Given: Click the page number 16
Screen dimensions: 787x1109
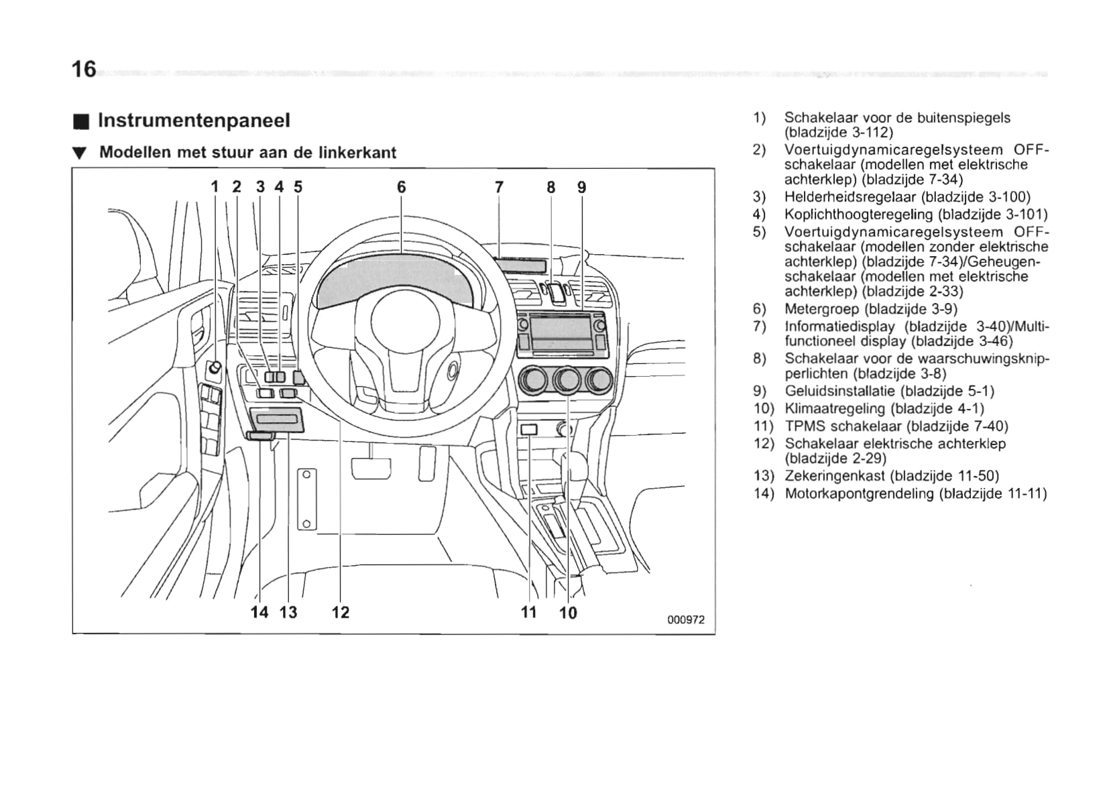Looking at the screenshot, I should [84, 68].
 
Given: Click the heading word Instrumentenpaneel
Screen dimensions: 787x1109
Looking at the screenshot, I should [194, 121].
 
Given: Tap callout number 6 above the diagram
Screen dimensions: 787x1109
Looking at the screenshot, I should [401, 187].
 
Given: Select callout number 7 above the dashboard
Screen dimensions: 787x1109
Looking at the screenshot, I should [499, 187].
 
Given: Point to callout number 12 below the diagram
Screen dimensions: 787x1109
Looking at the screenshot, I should [341, 612].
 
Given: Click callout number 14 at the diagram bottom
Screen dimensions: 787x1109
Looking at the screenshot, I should [259, 612].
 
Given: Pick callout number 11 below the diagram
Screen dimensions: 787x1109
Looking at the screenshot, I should [529, 612].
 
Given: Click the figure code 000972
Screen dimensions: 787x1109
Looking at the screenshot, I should [686, 620].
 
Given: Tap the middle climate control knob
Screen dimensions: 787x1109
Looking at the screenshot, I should [567, 380].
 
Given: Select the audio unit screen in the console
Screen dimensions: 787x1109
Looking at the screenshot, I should [561, 328].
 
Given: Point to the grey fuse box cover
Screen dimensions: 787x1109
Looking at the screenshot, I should [278, 420].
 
